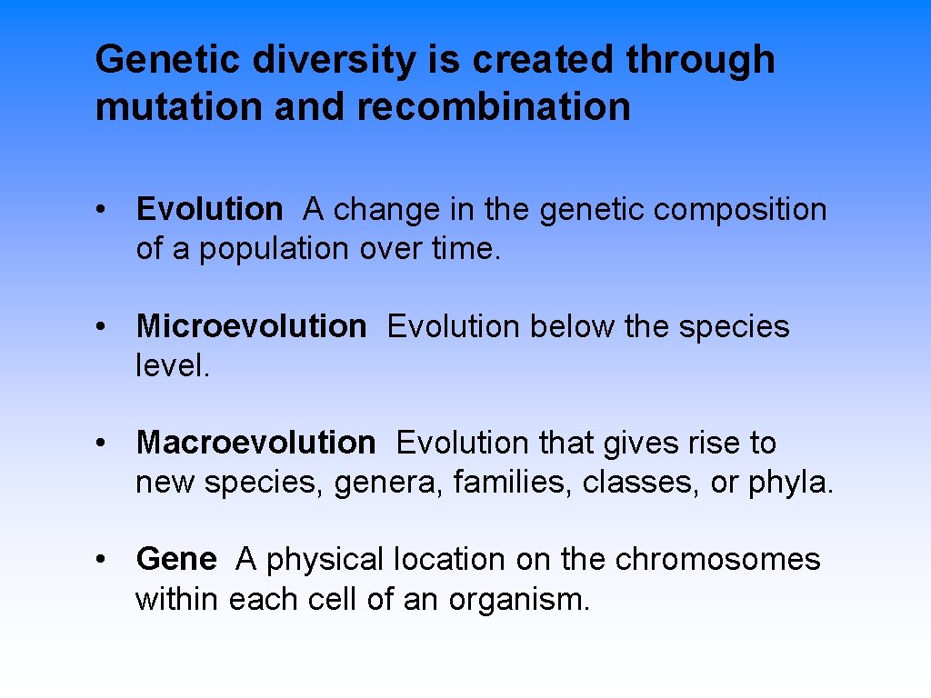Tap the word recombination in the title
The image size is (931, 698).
pyautogui.click(x=494, y=106)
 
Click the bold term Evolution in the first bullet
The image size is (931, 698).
pyautogui.click(x=209, y=210)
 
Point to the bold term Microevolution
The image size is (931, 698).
pyautogui.click(x=251, y=326)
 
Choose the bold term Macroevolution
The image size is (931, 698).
pyautogui.click(x=255, y=443)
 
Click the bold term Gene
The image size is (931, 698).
pyautogui.click(x=176, y=559)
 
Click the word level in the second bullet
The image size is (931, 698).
pyautogui.click(x=168, y=365)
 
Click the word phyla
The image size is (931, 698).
pyautogui.click(x=787, y=483)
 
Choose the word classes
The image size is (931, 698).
pyautogui.click(x=636, y=483)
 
